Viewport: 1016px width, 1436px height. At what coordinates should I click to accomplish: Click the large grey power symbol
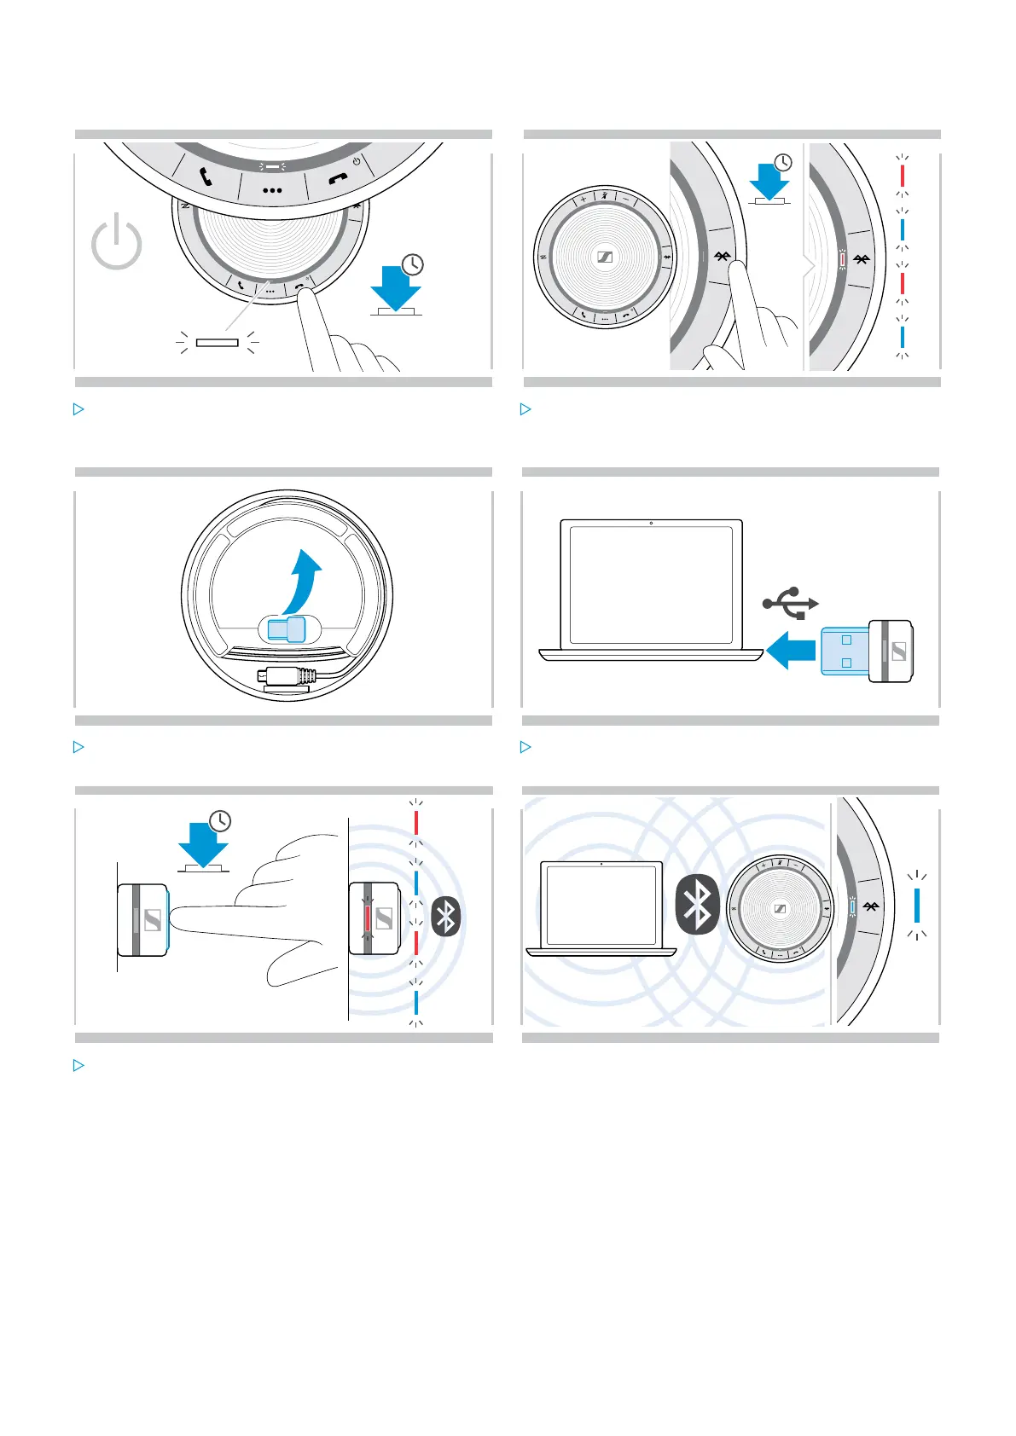click(117, 244)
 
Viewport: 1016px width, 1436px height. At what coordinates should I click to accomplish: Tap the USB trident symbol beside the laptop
click(790, 603)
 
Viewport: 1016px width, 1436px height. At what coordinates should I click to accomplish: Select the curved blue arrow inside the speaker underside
click(306, 580)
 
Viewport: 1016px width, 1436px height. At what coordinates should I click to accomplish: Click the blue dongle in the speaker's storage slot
click(285, 630)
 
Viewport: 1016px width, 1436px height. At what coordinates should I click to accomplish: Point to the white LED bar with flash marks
click(217, 343)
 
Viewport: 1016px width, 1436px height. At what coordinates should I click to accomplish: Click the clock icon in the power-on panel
click(413, 264)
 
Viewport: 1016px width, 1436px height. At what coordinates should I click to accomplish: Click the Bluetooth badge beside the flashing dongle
click(446, 918)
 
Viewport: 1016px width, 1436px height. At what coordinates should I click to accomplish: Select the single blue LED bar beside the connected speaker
click(917, 905)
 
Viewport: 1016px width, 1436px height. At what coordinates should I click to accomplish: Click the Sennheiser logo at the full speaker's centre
click(604, 258)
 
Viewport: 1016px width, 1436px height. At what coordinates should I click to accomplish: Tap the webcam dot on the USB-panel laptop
click(651, 523)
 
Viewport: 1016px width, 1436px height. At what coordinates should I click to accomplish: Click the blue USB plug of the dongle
click(845, 651)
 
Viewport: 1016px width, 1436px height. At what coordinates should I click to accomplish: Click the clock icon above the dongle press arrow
click(220, 821)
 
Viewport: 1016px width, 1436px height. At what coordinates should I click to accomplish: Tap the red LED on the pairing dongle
click(369, 918)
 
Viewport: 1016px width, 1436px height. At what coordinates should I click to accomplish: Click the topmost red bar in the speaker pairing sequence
click(903, 176)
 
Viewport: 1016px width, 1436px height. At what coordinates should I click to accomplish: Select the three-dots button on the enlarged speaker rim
click(272, 190)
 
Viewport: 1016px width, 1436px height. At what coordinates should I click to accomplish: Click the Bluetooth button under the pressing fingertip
click(723, 256)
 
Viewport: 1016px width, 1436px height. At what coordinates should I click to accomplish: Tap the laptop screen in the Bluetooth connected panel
click(601, 905)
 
